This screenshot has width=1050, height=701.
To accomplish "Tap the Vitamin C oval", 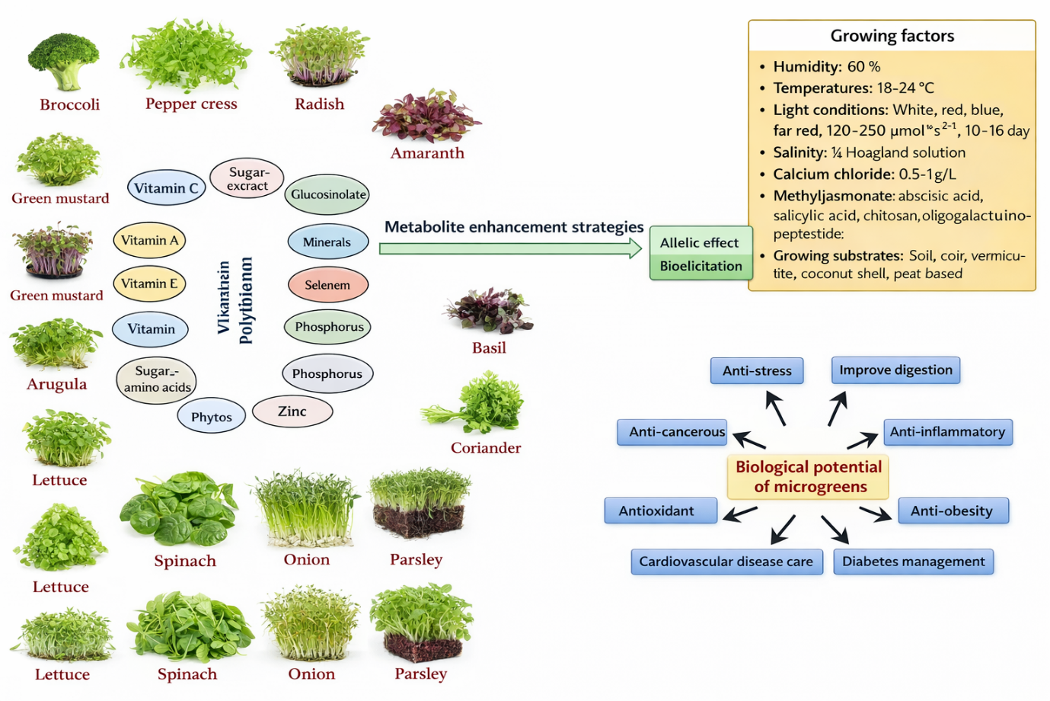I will (x=166, y=187).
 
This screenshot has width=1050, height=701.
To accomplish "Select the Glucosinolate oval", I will (x=327, y=194).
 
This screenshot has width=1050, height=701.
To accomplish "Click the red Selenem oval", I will (x=327, y=285).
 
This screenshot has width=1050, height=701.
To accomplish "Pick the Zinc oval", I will (x=292, y=411).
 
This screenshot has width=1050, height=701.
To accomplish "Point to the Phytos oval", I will (x=212, y=417).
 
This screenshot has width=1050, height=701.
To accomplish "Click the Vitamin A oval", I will (x=149, y=241).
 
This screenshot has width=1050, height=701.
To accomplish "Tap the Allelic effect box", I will (x=700, y=242).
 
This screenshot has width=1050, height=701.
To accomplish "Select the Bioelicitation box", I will (x=701, y=266).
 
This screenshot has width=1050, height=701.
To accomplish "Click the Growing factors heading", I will (x=892, y=36).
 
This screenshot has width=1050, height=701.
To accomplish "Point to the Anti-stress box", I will (x=757, y=371).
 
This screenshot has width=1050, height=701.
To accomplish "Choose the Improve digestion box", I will (x=895, y=370).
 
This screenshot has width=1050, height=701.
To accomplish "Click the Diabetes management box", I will (x=913, y=562).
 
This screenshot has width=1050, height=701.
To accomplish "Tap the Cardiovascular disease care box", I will (x=726, y=562).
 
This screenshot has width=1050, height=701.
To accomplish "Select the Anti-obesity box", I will (x=953, y=511).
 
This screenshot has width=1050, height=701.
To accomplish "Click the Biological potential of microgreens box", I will (x=809, y=477).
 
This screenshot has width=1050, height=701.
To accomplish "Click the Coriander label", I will (x=486, y=448).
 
